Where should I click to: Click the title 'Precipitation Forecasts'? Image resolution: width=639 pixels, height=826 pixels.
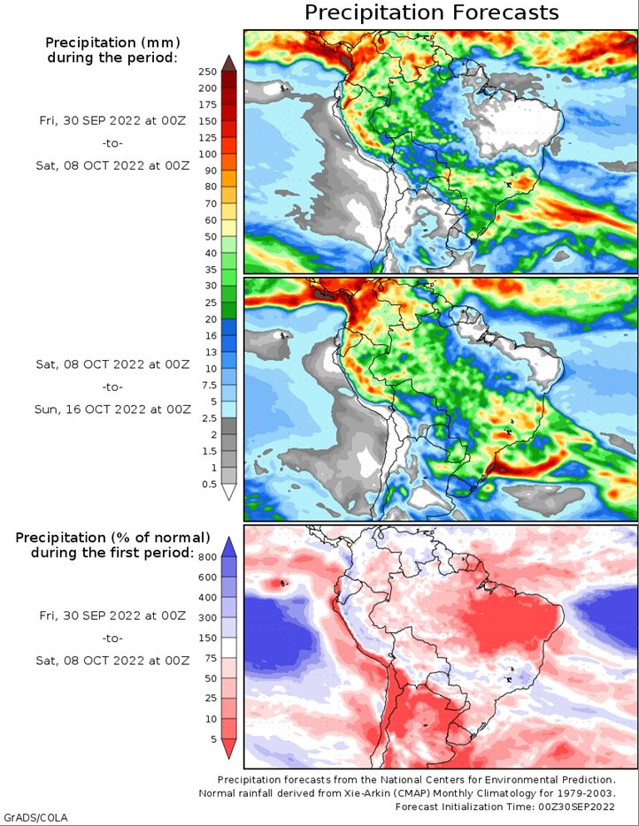pos(431,12)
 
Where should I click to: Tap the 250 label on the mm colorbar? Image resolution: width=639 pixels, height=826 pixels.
pos(207,73)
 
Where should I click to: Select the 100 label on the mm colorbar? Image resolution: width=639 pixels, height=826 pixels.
pos(207,155)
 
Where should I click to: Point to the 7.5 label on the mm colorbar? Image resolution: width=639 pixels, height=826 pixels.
pos(209,385)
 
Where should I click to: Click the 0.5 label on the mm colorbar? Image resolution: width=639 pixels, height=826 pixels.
pos(209,484)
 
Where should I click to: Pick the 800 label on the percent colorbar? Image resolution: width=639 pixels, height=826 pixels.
pos(207,557)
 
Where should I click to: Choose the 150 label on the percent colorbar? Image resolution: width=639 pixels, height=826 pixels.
pos(207,638)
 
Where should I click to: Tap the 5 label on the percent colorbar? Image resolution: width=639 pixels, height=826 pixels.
pos(213,739)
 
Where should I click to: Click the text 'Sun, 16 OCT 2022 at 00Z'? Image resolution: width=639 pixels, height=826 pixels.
pos(112,409)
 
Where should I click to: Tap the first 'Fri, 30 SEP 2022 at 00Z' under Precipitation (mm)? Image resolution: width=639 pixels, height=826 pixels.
pos(112,120)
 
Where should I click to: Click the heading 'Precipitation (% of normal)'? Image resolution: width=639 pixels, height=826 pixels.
pos(112,538)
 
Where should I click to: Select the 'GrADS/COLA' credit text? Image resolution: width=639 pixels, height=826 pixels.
pos(35,818)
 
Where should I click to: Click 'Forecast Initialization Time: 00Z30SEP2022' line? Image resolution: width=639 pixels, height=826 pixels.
pos(505,807)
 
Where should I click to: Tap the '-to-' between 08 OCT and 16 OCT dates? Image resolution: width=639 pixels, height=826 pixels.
pos(112,387)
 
